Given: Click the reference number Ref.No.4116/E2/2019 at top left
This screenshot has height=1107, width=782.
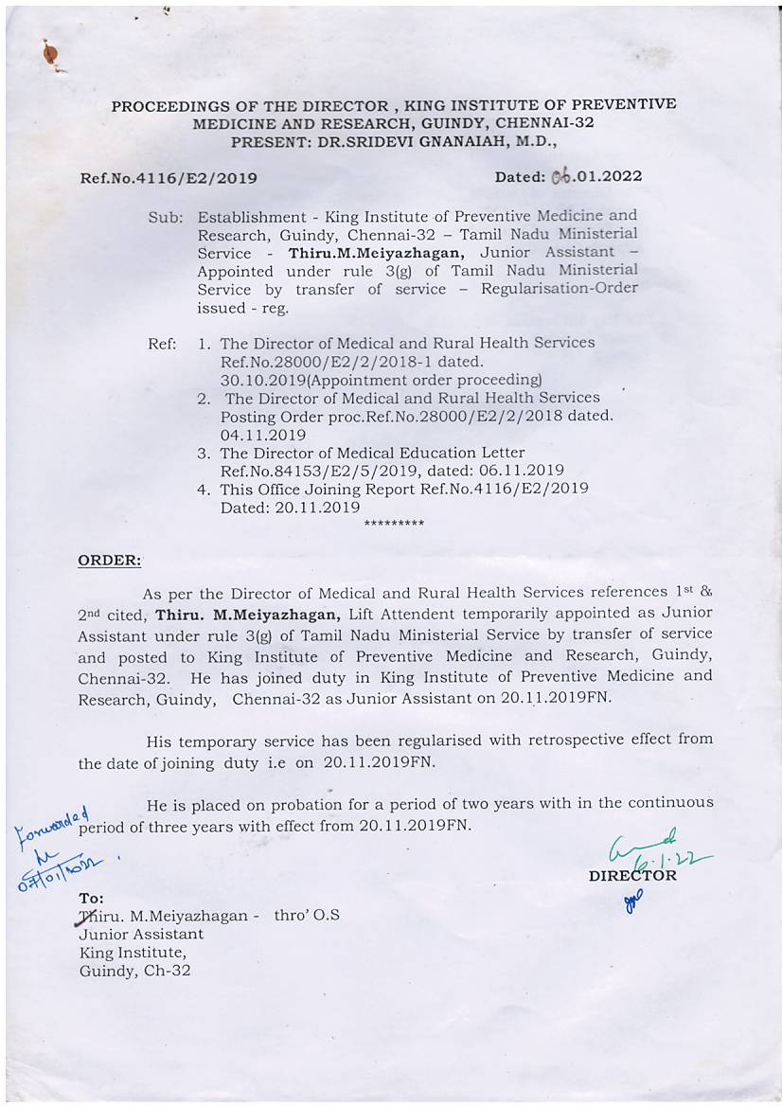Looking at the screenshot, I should point(169,177).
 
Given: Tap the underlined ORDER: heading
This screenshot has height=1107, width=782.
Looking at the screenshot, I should point(109,560).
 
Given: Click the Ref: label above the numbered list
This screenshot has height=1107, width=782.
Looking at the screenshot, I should point(162,343).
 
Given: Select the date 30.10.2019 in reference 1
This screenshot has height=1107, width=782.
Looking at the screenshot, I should point(261,379).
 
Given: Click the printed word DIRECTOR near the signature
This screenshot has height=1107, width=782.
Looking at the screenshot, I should point(632,876).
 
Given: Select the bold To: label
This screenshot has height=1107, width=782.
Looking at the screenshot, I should point(92,898).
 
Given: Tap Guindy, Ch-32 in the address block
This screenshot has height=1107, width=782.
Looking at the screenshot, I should point(134,971).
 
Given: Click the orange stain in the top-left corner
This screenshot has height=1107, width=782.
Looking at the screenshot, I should point(51,56).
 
